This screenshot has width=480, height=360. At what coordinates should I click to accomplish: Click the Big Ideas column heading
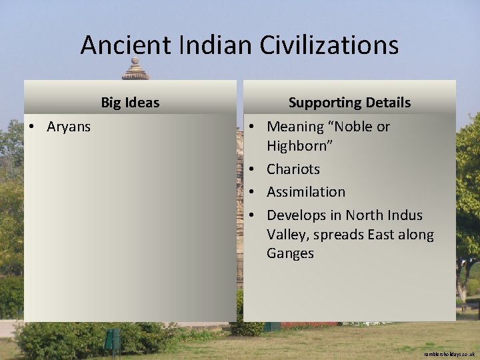[130, 103]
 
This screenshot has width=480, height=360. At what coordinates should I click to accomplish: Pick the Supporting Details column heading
[349, 103]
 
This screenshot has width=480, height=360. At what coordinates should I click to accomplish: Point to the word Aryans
[69, 127]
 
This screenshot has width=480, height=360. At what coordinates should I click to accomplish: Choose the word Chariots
[293, 169]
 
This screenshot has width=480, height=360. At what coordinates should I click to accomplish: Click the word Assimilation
[306, 192]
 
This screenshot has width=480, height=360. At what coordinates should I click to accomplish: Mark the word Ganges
[290, 253]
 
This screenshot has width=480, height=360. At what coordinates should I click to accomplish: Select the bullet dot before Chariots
[254, 169]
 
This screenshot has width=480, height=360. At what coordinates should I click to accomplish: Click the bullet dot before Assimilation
[254, 192]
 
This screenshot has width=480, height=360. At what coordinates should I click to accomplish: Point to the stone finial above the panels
[135, 69]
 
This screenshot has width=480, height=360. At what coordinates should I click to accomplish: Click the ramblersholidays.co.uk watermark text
[449, 354]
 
